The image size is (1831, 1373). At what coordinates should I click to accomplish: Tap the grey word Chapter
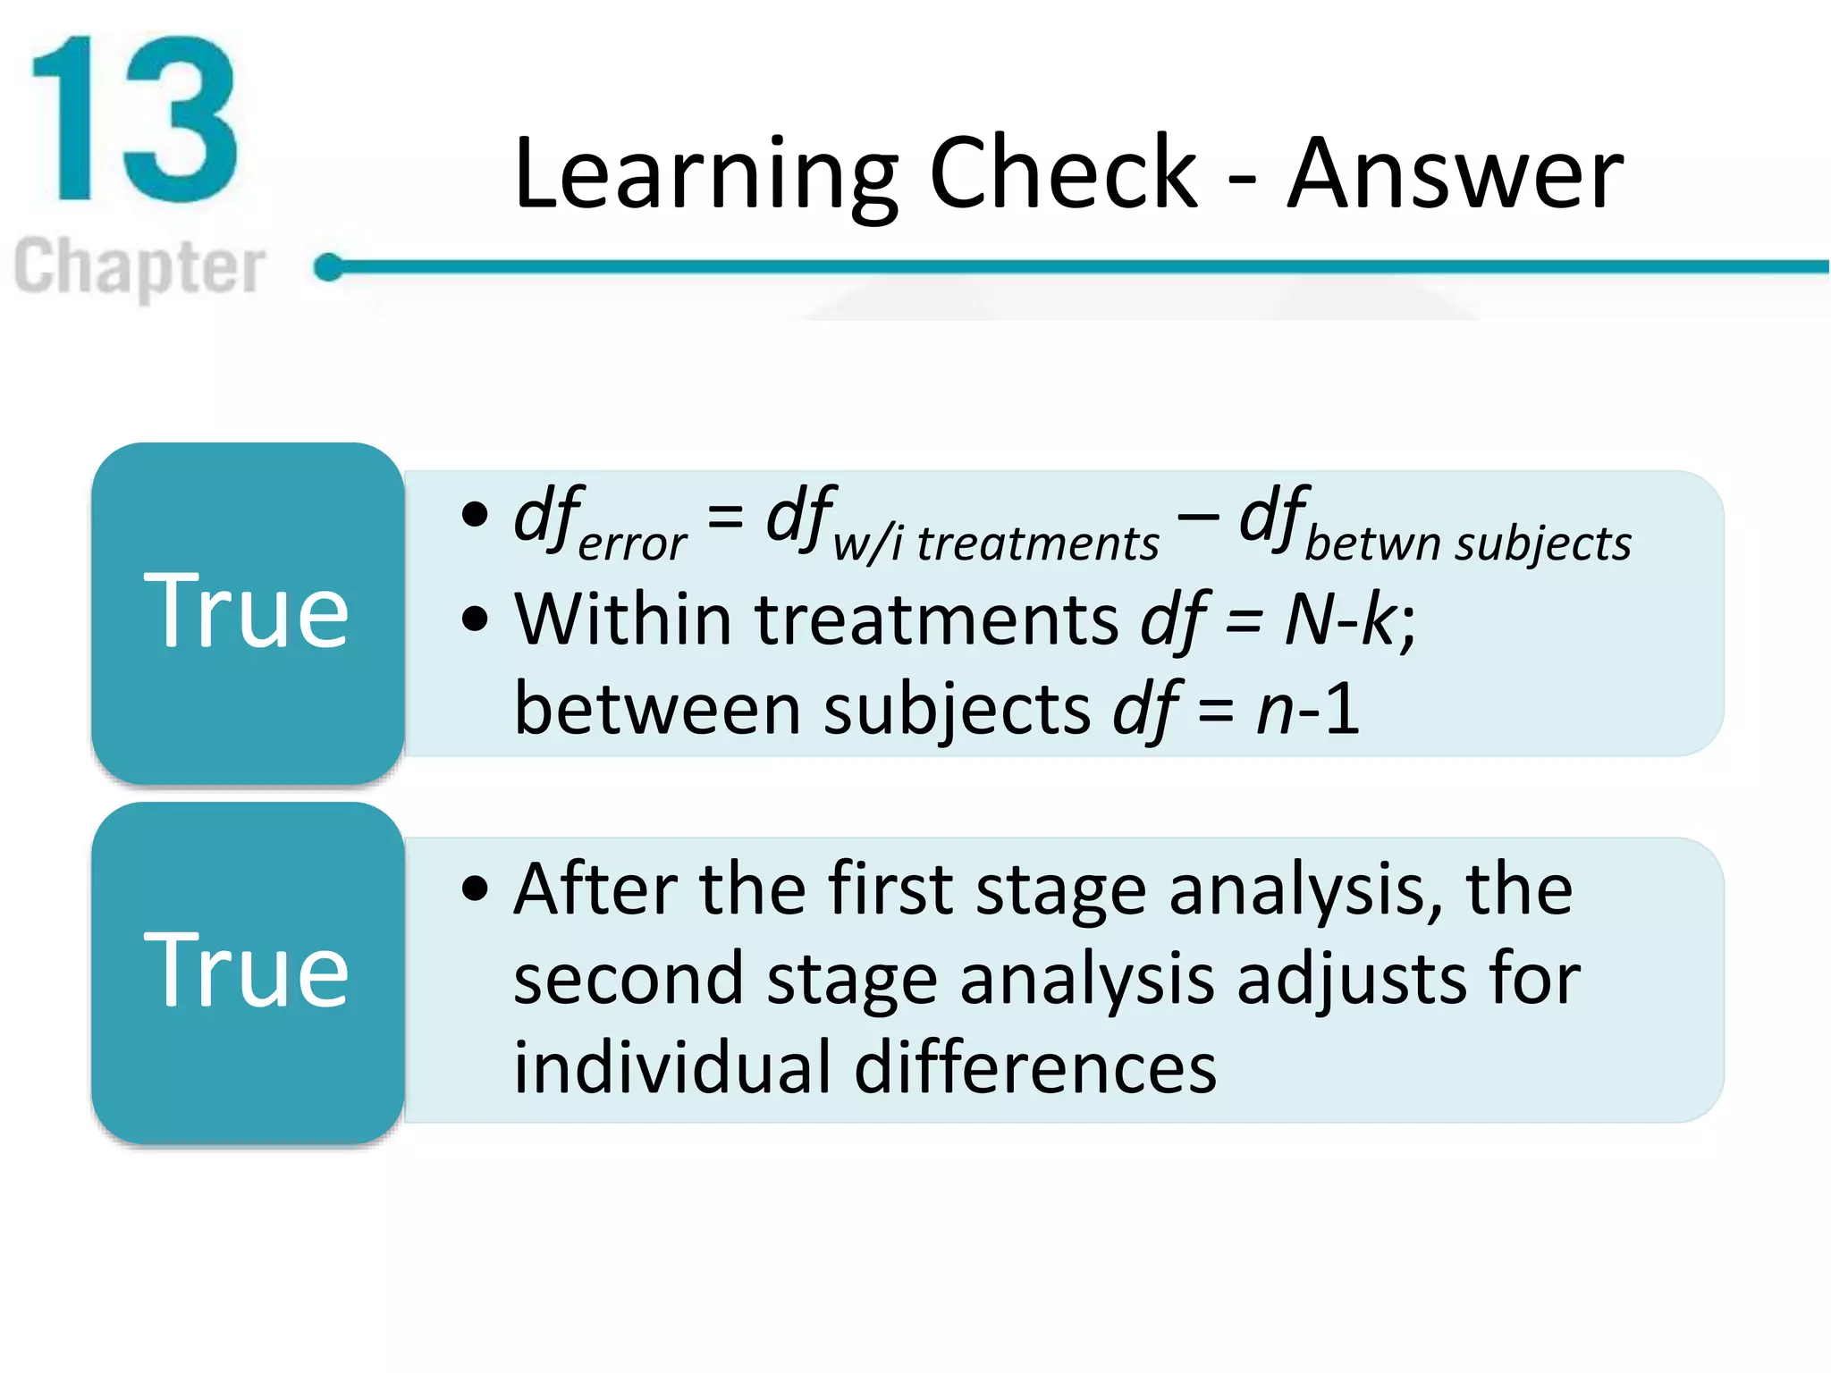139,266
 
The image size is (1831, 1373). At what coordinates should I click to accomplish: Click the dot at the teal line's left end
329,266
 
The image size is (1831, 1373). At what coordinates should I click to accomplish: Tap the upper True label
246,611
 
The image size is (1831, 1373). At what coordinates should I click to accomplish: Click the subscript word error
632,543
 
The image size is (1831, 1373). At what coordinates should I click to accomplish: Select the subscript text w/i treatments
995,543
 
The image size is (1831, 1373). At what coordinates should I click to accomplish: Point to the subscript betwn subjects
1467,543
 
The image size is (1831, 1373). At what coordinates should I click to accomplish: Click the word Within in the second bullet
623,619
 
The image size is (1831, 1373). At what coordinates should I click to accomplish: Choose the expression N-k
1338,619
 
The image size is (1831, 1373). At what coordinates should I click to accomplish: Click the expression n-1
1307,709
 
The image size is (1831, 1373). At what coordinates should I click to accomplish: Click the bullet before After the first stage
476,889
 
